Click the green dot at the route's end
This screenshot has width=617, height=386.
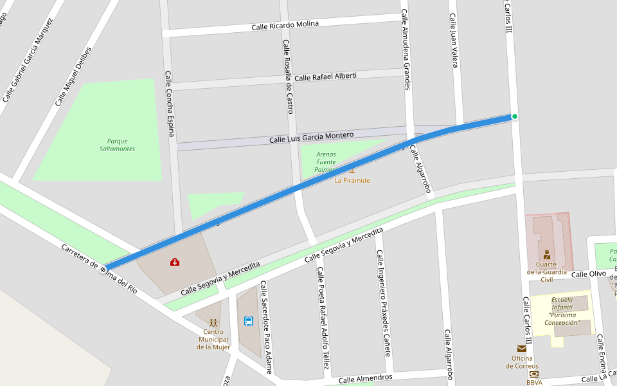pyautogui.click(x=514, y=116)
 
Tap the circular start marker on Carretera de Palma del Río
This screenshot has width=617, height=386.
pyautogui.click(x=103, y=269)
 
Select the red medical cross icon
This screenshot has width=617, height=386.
pyautogui.click(x=175, y=262)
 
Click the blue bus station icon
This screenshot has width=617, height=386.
pyautogui.click(x=248, y=320)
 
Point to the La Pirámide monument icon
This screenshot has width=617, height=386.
pyautogui.click(x=352, y=170)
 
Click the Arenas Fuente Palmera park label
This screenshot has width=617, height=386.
pyautogui.click(x=326, y=161)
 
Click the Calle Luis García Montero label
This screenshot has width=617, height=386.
pyautogui.click(x=311, y=137)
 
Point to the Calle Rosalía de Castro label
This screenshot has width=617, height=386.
pyautogui.click(x=288, y=77)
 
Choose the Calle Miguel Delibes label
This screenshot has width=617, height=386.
pyautogui.click(x=73, y=77)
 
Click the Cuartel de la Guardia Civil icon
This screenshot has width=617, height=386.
pyautogui.click(x=546, y=255)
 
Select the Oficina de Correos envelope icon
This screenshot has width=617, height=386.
pyautogui.click(x=521, y=349)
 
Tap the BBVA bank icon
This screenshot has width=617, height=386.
pyautogui.click(x=533, y=374)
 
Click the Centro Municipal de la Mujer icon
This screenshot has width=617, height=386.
pyautogui.click(x=213, y=322)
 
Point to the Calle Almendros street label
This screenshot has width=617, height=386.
pyautogui.click(x=365, y=378)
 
